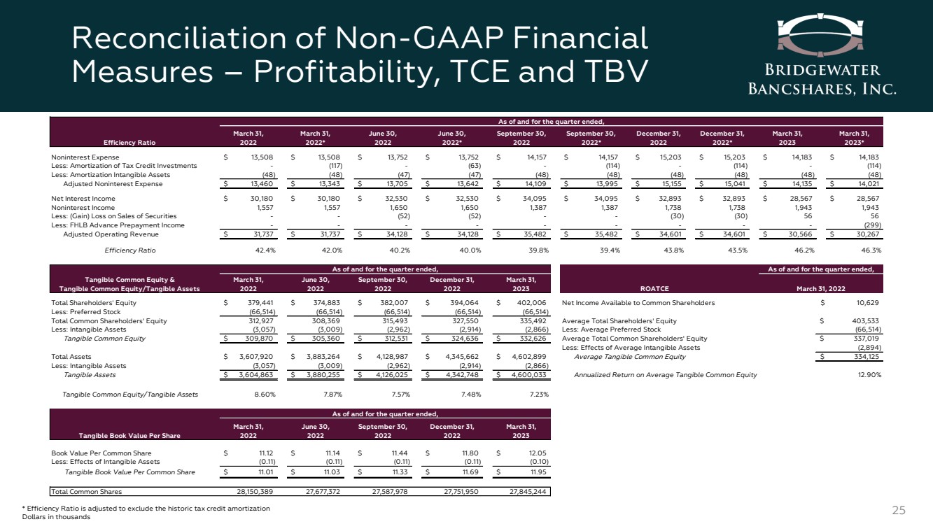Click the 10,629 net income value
point(864,303)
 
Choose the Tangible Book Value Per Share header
point(116,435)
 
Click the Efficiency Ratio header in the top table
point(127,141)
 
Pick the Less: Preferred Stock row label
point(86,312)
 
